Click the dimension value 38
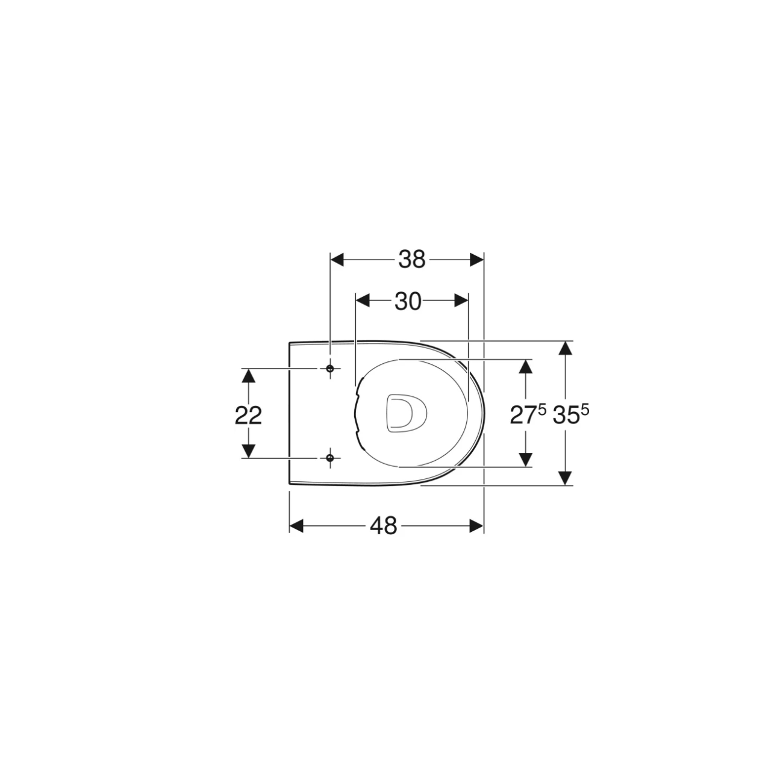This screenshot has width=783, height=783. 411,260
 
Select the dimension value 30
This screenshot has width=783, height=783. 408,301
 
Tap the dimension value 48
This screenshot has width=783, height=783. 384,526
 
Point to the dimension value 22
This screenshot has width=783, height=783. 248,415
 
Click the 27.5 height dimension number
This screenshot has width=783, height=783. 528,415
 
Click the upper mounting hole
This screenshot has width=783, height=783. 329,368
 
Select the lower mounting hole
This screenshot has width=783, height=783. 329,458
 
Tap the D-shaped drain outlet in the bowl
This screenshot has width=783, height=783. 405,413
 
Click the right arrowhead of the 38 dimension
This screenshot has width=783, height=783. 477,260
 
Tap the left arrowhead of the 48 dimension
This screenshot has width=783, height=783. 296,526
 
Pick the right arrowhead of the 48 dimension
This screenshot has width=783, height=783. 476,526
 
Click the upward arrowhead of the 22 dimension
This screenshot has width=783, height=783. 248,376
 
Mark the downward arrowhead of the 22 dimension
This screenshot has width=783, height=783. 248,450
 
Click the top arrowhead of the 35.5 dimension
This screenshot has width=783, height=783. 564,348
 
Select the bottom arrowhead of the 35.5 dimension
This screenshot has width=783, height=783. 564,478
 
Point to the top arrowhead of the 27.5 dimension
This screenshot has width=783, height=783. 526,367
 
